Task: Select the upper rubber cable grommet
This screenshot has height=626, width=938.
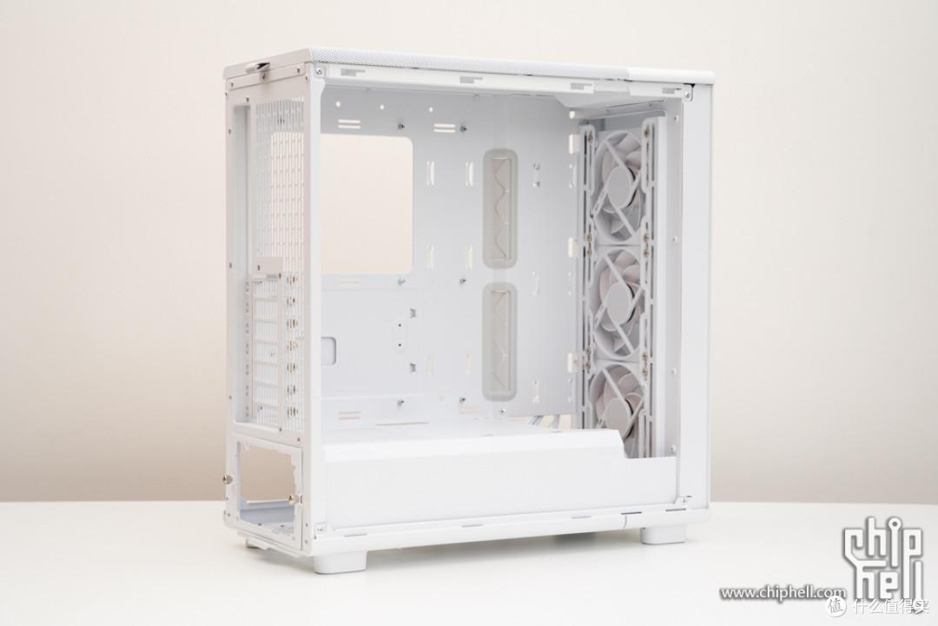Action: (499, 208)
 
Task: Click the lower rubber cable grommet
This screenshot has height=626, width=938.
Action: (499, 341)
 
